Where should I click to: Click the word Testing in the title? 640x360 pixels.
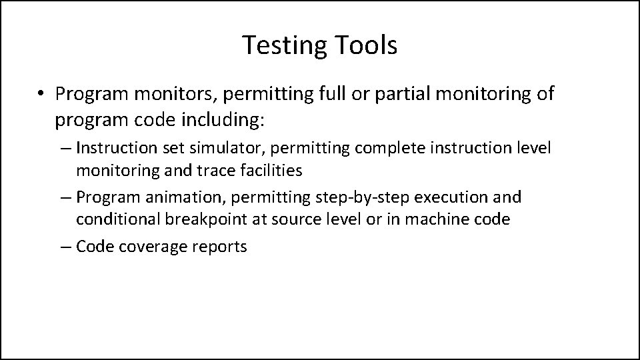point(283,45)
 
